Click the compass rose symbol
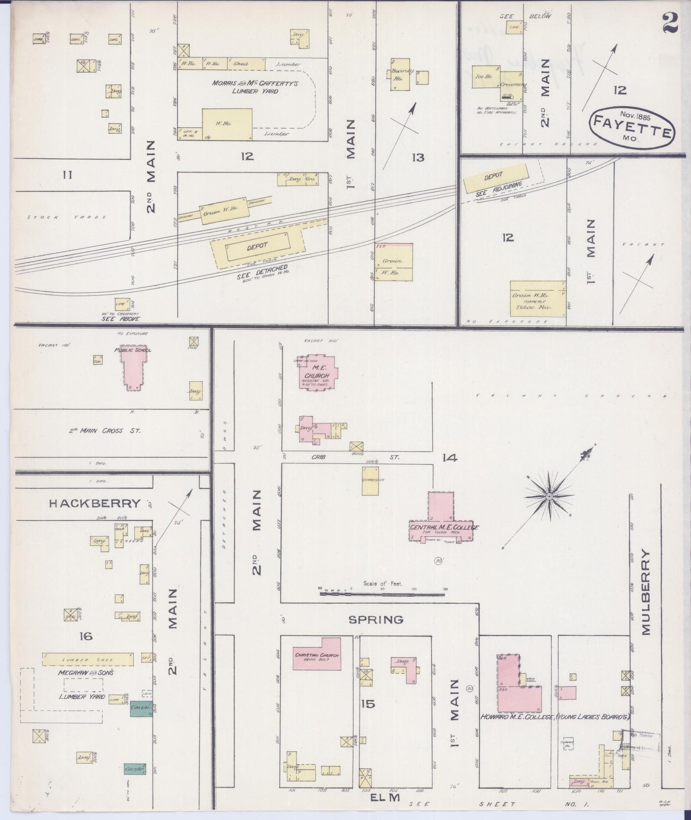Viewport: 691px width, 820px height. (549, 497)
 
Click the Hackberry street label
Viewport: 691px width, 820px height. (94, 503)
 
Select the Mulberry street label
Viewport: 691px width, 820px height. (646, 592)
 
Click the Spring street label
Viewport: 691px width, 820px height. (376, 620)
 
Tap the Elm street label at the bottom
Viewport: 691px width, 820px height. (385, 798)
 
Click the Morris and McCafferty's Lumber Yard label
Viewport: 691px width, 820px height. (255, 87)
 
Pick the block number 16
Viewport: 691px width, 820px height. (86, 636)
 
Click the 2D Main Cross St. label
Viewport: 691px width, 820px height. (105, 431)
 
